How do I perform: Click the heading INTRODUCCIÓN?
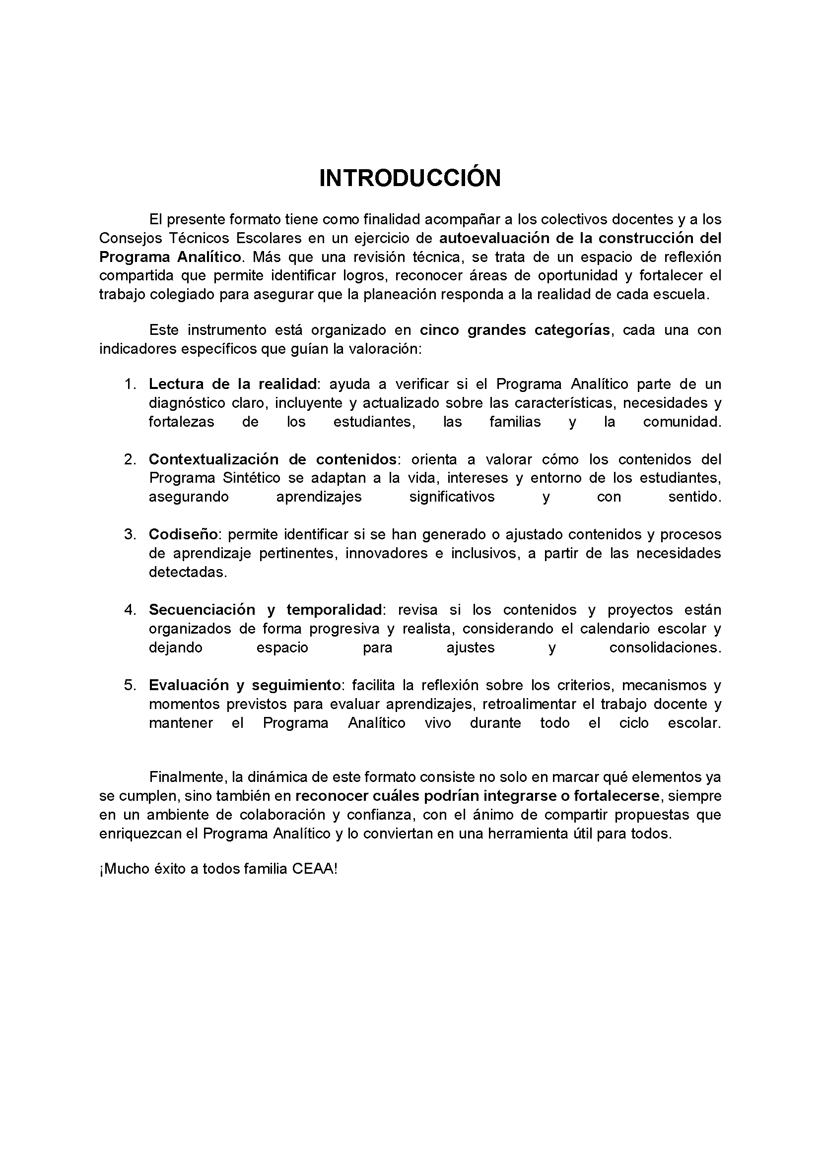click(x=410, y=178)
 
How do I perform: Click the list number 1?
click(x=130, y=384)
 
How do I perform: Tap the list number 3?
click(x=130, y=534)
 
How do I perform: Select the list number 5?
click(x=130, y=685)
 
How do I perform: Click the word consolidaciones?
click(x=665, y=647)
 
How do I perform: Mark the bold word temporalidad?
click(x=334, y=610)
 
